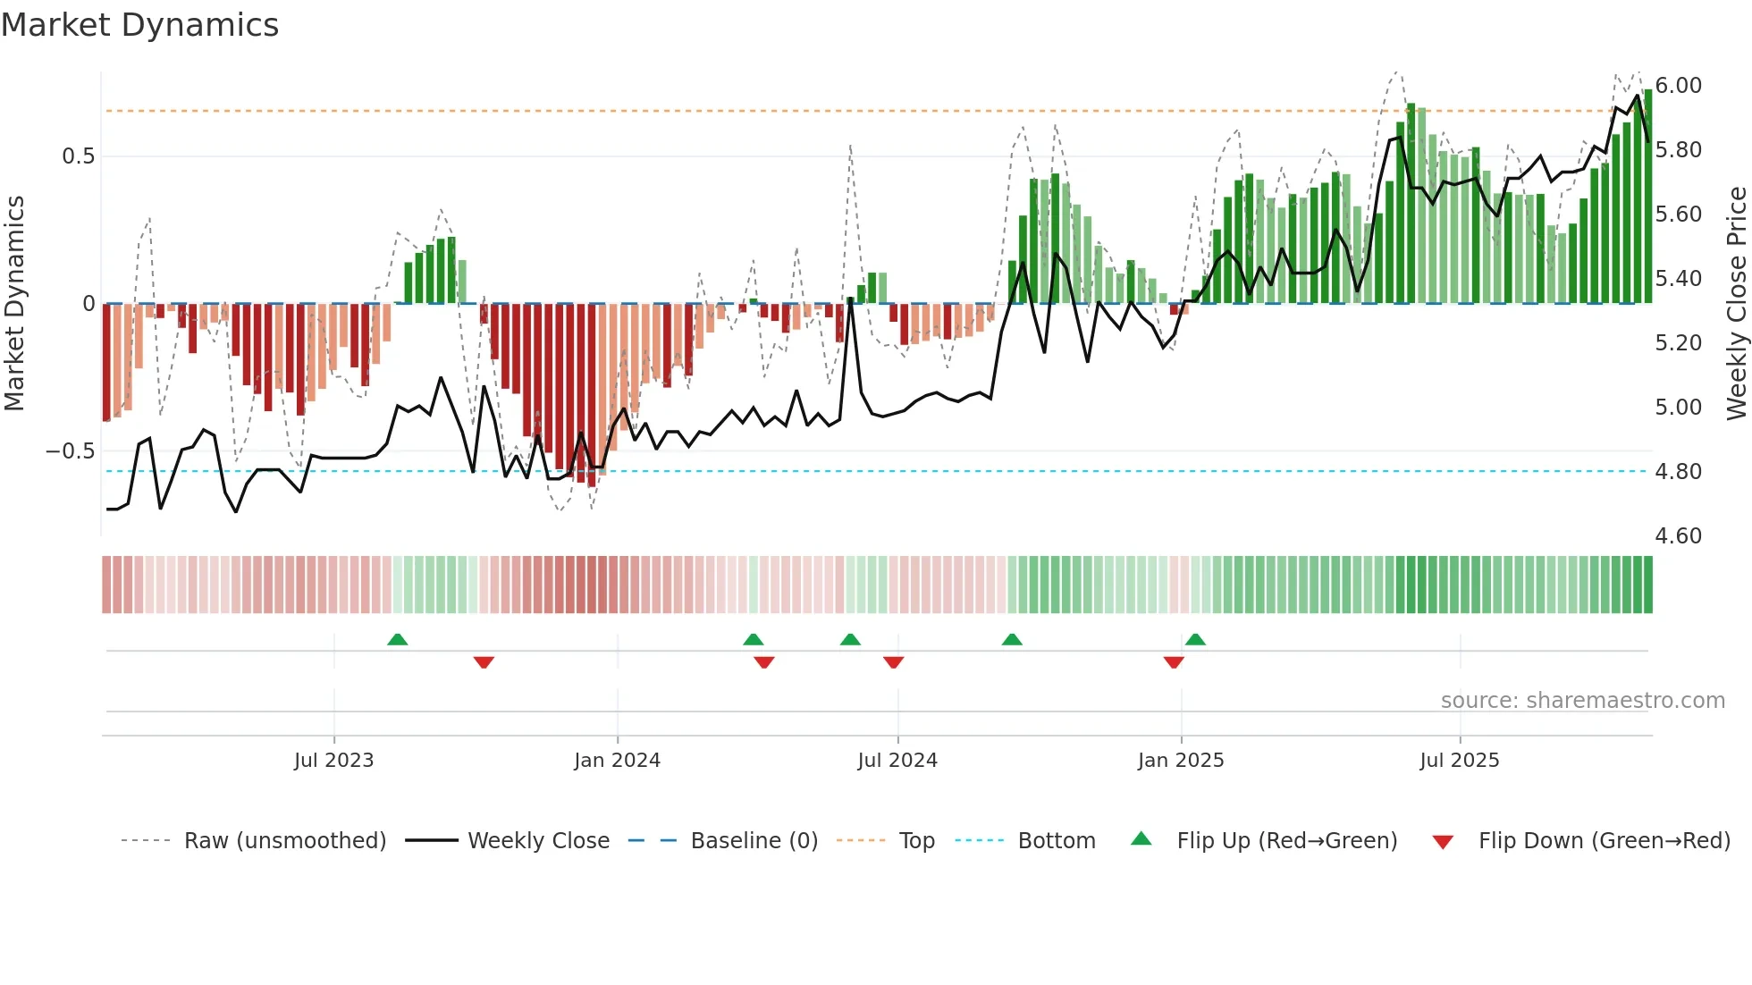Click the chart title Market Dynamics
click(x=139, y=25)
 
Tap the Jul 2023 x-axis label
click(x=333, y=761)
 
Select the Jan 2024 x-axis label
click(x=617, y=761)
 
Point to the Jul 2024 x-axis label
click(x=897, y=761)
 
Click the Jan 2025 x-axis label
click(x=1181, y=761)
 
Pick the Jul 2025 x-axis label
click(x=1460, y=761)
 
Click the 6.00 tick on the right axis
click(x=1678, y=86)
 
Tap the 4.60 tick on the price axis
click(x=1678, y=536)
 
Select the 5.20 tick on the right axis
click(x=1678, y=343)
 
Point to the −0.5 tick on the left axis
click(x=70, y=451)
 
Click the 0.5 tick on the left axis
click(x=78, y=156)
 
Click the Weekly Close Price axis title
click(x=1736, y=304)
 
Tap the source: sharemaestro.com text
click(x=1582, y=701)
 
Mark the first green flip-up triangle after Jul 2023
click(x=398, y=640)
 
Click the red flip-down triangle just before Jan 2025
click(x=1174, y=662)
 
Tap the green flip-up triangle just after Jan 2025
click(x=1195, y=640)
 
